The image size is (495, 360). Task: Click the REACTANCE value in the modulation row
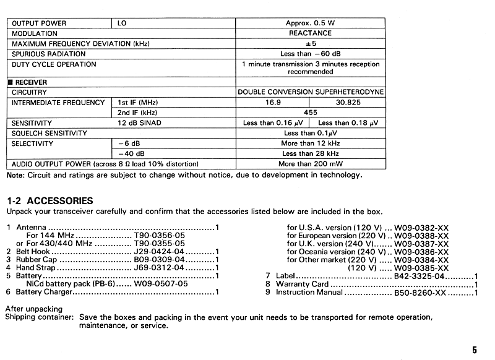pyautogui.click(x=310, y=33)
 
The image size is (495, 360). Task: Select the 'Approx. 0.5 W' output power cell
pyautogui.click(x=310, y=23)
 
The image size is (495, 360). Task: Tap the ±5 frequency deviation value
pyautogui.click(x=310, y=44)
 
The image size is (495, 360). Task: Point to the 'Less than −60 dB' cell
pyautogui.click(x=310, y=54)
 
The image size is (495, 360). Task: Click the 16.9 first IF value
pyautogui.click(x=273, y=102)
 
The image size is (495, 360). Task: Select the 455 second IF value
pyautogui.click(x=310, y=113)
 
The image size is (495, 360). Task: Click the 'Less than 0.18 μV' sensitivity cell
pyautogui.click(x=347, y=123)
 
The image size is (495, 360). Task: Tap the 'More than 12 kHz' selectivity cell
pyautogui.click(x=310, y=144)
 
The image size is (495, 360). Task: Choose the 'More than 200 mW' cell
pyautogui.click(x=310, y=164)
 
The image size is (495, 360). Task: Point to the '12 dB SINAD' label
pyautogui.click(x=139, y=123)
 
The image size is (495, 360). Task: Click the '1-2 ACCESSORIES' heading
pyautogui.click(x=49, y=200)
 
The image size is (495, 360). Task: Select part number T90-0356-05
pyautogui.click(x=159, y=236)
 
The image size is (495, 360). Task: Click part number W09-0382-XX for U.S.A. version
pyautogui.click(x=421, y=228)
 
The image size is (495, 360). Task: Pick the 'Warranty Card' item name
pyautogui.click(x=302, y=285)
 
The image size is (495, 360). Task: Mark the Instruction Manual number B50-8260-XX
pyautogui.click(x=420, y=293)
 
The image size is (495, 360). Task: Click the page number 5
pyautogui.click(x=474, y=349)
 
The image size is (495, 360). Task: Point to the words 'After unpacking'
pyautogui.click(x=33, y=308)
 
